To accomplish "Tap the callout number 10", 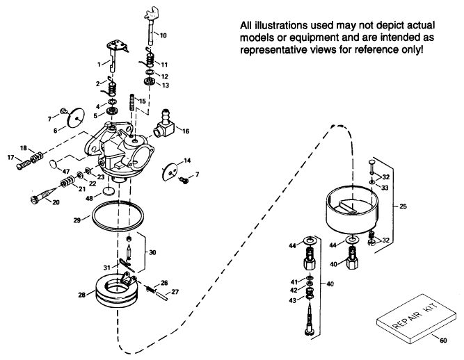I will tap(163, 34).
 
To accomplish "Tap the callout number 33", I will tap(386, 188).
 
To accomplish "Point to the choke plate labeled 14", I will tap(170, 169).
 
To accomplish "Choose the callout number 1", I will tap(100, 64).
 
